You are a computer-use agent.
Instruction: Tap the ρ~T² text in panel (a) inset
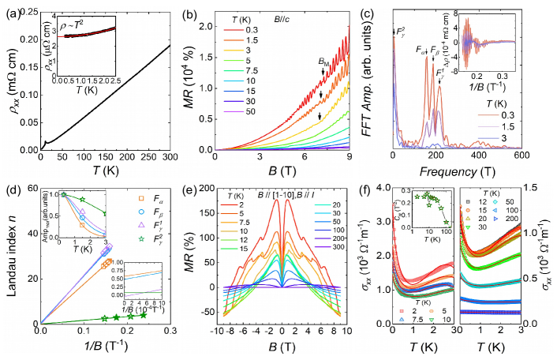point(68,33)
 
